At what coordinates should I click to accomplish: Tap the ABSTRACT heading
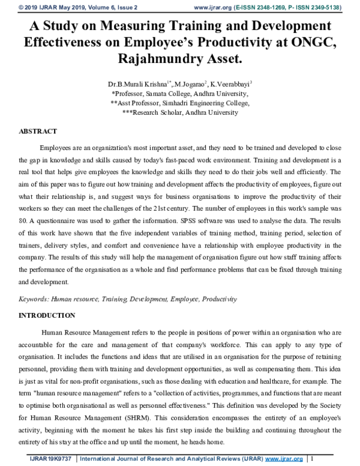pyautogui.click(x=38, y=131)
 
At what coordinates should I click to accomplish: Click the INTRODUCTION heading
pyautogui.click(x=47, y=315)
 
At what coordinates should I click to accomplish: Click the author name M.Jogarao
pyautogui.click(x=186, y=86)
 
